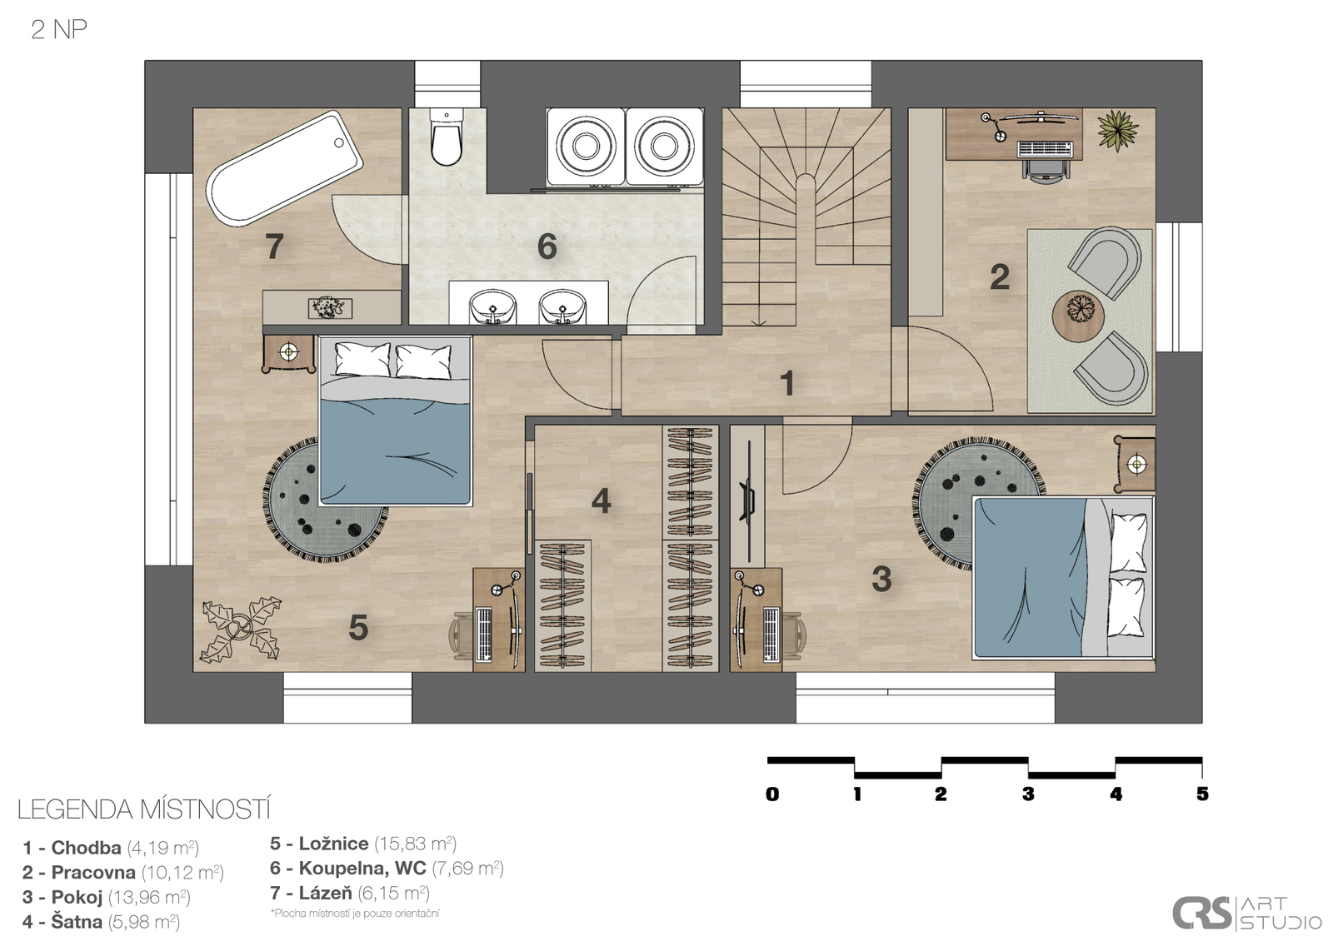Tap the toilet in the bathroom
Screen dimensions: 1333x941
tap(447, 137)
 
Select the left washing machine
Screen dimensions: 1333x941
tap(586, 147)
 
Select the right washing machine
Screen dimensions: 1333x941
tap(664, 147)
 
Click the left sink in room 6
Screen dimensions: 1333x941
tap(492, 306)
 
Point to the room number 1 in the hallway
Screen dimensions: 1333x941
tap(786, 383)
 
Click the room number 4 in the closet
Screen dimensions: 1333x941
tap(601, 500)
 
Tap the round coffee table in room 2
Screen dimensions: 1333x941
tap(1078, 316)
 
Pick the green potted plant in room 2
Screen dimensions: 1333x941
tap(1117, 130)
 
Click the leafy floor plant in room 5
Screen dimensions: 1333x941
tap(241, 630)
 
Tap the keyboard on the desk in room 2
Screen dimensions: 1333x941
tap(1045, 149)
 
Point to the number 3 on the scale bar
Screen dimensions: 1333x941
tap(1028, 794)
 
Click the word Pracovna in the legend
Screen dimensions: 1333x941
tap(93, 873)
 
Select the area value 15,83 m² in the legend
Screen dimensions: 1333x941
tap(416, 844)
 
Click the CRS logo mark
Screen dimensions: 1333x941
tap(1202, 913)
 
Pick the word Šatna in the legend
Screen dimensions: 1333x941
tap(77, 921)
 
